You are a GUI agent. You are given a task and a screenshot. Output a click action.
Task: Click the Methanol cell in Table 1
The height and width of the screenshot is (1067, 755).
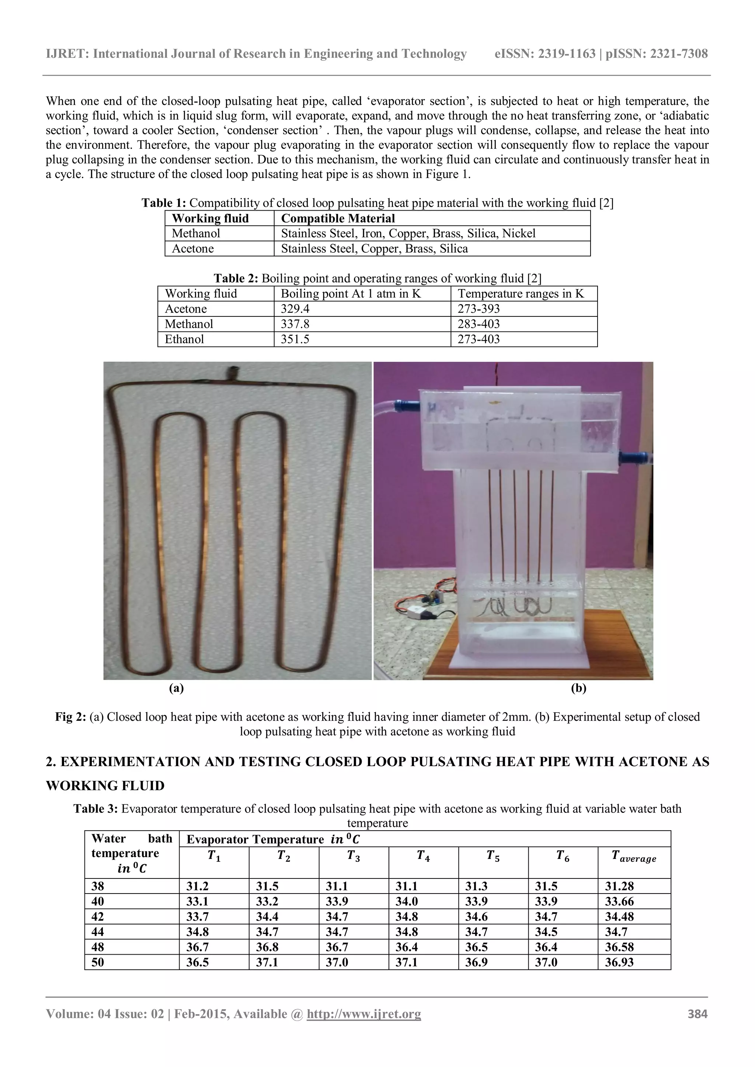coord(196,233)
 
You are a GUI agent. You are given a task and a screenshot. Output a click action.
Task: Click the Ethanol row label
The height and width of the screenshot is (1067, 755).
coord(184,339)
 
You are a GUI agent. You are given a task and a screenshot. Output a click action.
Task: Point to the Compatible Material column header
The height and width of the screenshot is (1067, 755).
coord(338,218)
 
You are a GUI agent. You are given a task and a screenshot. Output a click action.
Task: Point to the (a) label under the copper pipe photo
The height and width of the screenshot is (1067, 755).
coord(176,689)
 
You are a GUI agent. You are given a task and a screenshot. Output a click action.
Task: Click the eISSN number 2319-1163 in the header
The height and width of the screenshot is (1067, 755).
coord(567,54)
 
